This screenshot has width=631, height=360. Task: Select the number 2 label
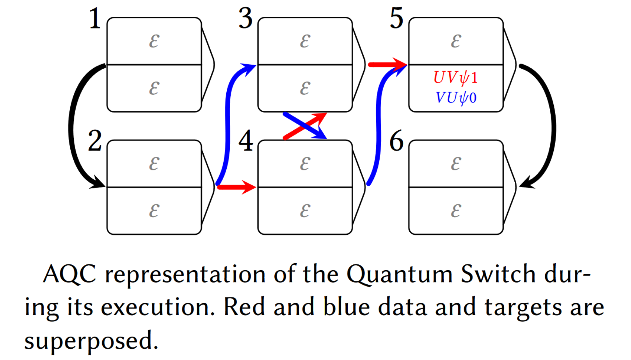tap(95, 141)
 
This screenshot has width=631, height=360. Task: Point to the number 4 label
tap(246, 141)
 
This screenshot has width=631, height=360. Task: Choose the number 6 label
tap(396, 141)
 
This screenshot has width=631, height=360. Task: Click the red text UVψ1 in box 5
tap(455, 78)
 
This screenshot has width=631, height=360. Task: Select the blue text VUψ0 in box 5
tap(455, 98)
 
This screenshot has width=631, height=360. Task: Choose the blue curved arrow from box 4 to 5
tap(378, 125)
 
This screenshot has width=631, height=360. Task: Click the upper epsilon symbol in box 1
tap(154, 41)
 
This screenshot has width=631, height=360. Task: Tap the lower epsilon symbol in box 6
tap(456, 211)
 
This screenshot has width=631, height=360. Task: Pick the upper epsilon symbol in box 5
tap(456, 41)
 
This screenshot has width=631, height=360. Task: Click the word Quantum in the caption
tap(399, 274)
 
